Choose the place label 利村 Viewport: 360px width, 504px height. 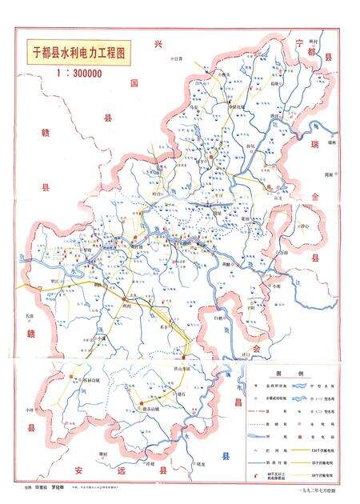pos(126,306)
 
